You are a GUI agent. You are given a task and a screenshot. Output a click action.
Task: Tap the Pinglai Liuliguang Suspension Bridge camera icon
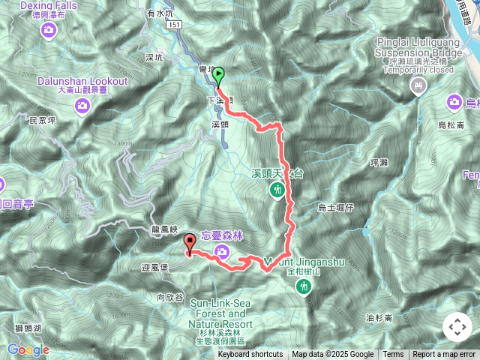point(418,87)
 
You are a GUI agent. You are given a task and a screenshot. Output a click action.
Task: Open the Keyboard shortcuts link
point(250,355)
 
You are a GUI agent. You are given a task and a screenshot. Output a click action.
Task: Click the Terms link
point(393,355)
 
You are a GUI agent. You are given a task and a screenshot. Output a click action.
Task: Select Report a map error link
point(444,355)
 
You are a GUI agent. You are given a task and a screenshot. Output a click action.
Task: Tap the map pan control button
point(457,327)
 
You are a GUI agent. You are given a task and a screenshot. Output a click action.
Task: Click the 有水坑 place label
point(159,13)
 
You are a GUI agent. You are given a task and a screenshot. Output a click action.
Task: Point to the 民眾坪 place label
point(43,120)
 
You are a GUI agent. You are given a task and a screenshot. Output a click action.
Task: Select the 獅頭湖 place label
point(28,328)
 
